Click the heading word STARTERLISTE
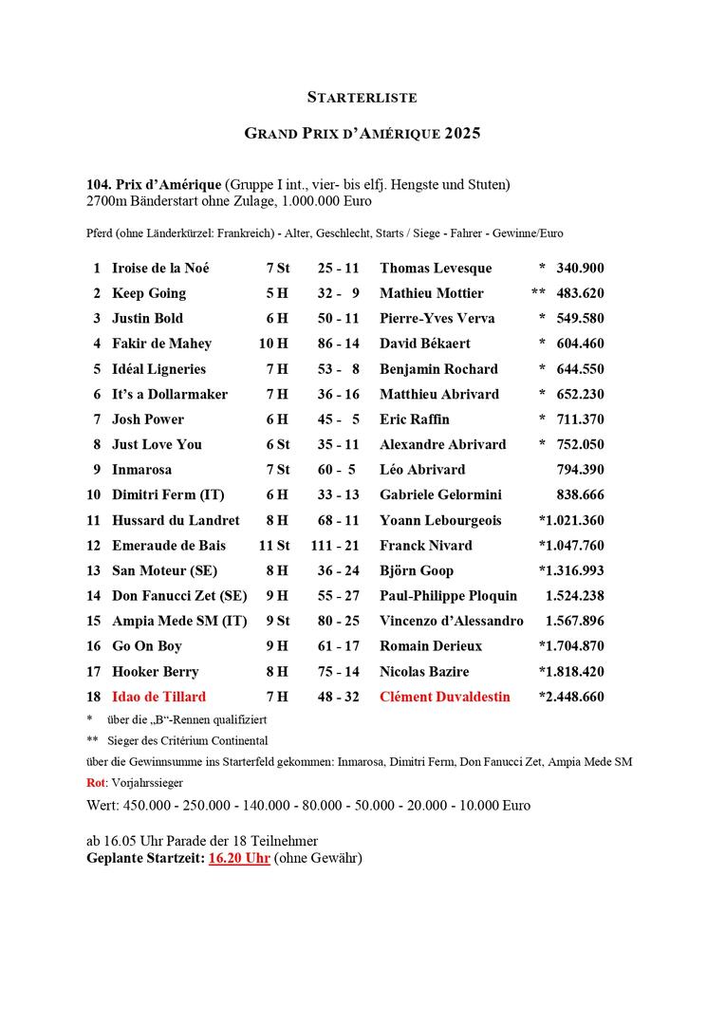(362, 97)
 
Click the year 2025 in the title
(459, 133)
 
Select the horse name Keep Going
(148, 293)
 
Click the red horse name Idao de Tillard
(158, 697)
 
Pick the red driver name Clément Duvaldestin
(444, 697)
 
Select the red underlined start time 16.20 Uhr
(239, 858)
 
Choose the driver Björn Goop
(417, 570)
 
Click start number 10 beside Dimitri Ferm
(93, 494)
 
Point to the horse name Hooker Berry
(155, 671)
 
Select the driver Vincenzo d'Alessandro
(451, 621)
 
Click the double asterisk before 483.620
(538, 293)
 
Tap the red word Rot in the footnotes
(95, 783)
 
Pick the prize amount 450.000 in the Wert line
(158, 805)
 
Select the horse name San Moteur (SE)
(164, 570)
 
